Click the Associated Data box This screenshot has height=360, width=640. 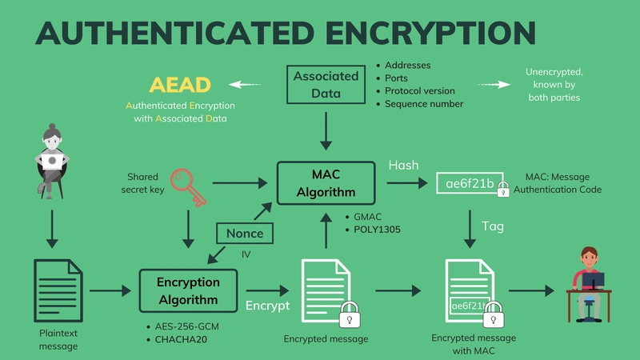click(325, 86)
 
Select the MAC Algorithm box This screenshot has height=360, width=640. click(325, 183)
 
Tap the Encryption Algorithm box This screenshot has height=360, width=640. click(188, 291)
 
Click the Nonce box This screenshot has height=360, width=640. click(245, 234)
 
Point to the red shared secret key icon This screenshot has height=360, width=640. click(187, 186)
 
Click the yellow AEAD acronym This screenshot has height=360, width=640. click(180, 84)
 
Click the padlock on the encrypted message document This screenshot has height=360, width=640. click(349, 313)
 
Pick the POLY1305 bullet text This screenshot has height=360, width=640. click(377, 230)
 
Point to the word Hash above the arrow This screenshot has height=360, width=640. click(403, 165)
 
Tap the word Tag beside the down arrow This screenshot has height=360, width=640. click(493, 226)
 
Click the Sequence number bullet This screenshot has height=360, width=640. click(424, 104)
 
